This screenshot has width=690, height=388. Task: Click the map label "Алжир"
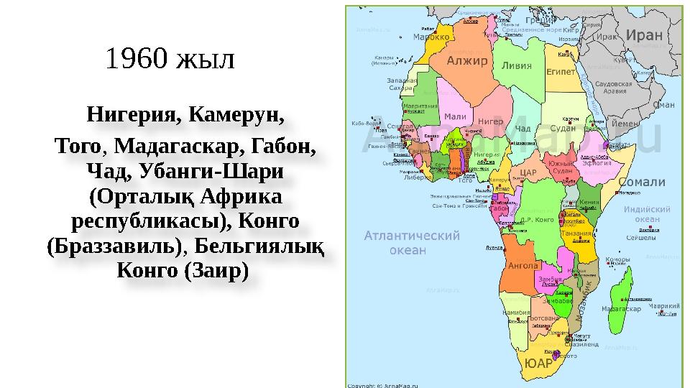coord(467,60)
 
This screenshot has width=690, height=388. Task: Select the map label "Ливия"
coord(517,65)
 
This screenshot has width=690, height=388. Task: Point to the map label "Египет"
coord(561,72)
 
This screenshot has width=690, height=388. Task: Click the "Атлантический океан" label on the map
coord(411,242)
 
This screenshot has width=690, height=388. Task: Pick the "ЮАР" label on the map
coord(539,363)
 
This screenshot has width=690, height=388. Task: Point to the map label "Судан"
coord(563,128)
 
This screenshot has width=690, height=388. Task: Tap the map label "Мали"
coord(455,117)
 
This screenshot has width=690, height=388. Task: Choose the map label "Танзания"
coord(577,233)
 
